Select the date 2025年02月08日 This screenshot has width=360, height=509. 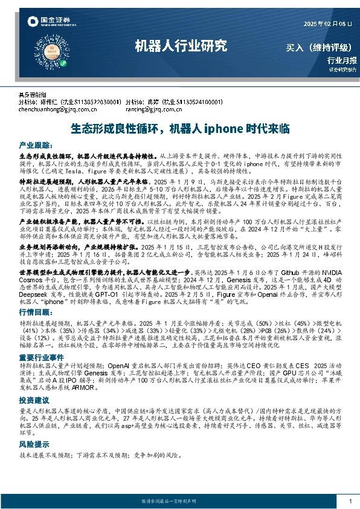point(329,23)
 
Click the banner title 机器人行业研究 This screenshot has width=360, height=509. point(181,46)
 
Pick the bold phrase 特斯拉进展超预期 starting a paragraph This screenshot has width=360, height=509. point(43,181)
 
